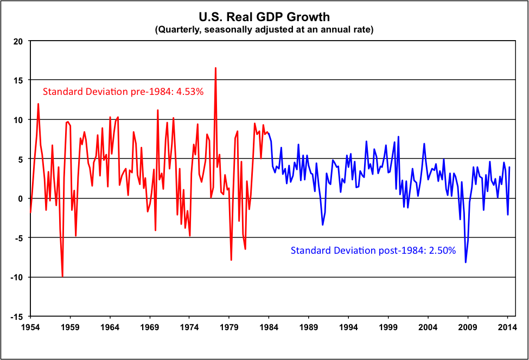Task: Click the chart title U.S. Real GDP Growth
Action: click(264, 18)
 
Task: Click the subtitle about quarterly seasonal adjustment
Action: click(264, 30)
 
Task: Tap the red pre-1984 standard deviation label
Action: click(123, 92)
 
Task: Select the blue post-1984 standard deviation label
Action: click(373, 250)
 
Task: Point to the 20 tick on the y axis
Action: click(18, 41)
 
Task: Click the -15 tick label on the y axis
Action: click(17, 317)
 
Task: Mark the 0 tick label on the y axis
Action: click(21, 198)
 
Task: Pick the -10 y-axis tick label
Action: click(17, 277)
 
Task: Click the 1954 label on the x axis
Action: click(30, 327)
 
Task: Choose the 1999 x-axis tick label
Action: click(388, 327)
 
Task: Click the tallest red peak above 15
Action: click(215, 68)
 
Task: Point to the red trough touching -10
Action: click(62, 277)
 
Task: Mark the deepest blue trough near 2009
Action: click(466, 262)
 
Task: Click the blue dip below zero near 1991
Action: click(322, 224)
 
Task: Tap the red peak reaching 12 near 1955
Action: click(38, 104)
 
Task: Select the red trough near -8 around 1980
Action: click(231, 260)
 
